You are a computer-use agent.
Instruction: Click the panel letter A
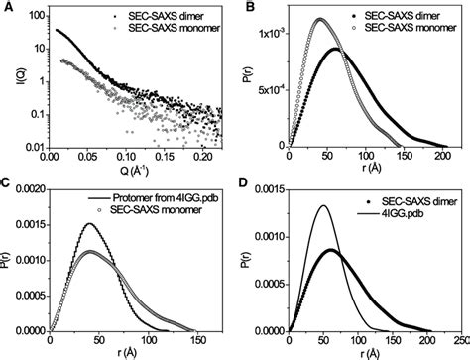pos(7,9)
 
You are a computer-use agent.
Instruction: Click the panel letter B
pos(241,9)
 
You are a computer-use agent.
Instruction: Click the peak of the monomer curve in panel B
pos(320,19)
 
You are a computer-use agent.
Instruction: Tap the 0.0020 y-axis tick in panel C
pos(28,187)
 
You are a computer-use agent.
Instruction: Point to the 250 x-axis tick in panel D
pos(461,338)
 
